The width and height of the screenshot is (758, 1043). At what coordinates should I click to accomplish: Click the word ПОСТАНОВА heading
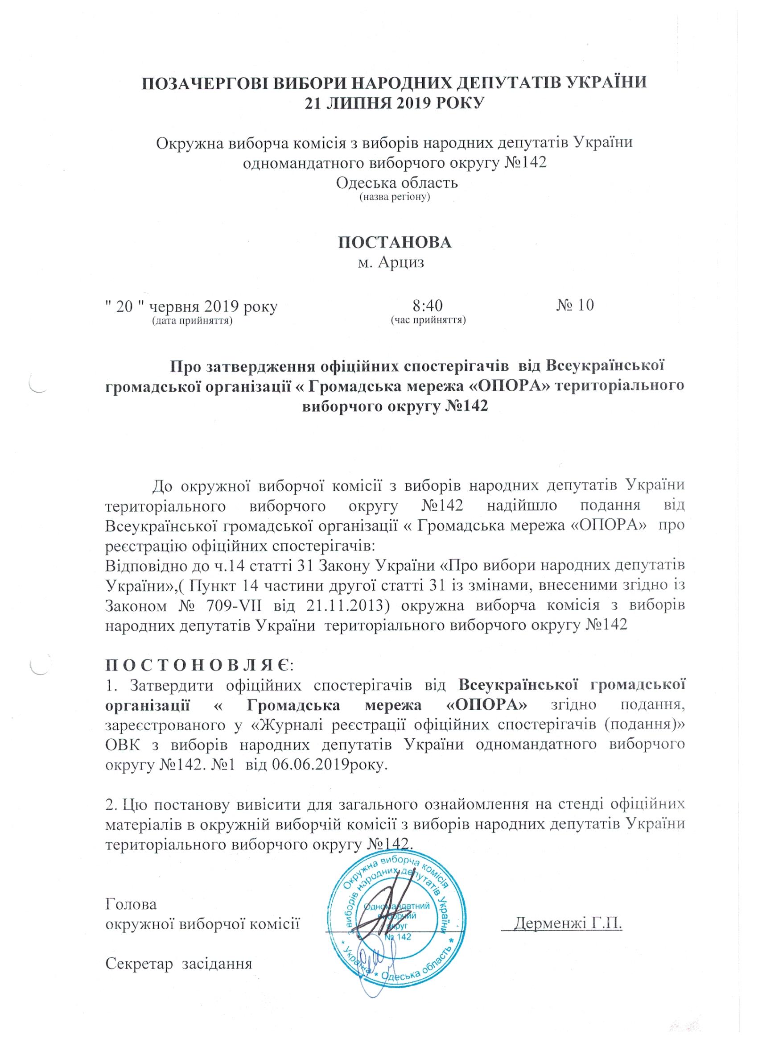pyautogui.click(x=395, y=243)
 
